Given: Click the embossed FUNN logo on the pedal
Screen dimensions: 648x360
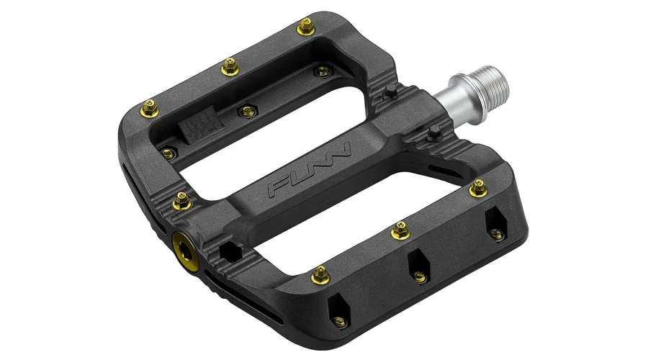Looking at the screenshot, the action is click(x=310, y=169).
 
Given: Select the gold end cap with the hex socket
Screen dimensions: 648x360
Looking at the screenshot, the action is click(x=186, y=251).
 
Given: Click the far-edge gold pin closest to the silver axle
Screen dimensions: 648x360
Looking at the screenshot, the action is click(x=306, y=27).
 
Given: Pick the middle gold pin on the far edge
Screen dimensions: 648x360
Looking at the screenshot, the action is click(x=230, y=67).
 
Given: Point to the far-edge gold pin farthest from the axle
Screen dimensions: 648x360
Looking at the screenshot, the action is click(x=149, y=109).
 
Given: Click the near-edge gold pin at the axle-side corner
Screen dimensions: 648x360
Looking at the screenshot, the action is click(x=478, y=188).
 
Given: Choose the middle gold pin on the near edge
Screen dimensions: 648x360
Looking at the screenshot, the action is click(x=401, y=230).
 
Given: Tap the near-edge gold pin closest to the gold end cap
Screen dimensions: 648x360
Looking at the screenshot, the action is click(x=320, y=275).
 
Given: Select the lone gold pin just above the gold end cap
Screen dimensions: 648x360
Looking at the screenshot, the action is click(x=182, y=201).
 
